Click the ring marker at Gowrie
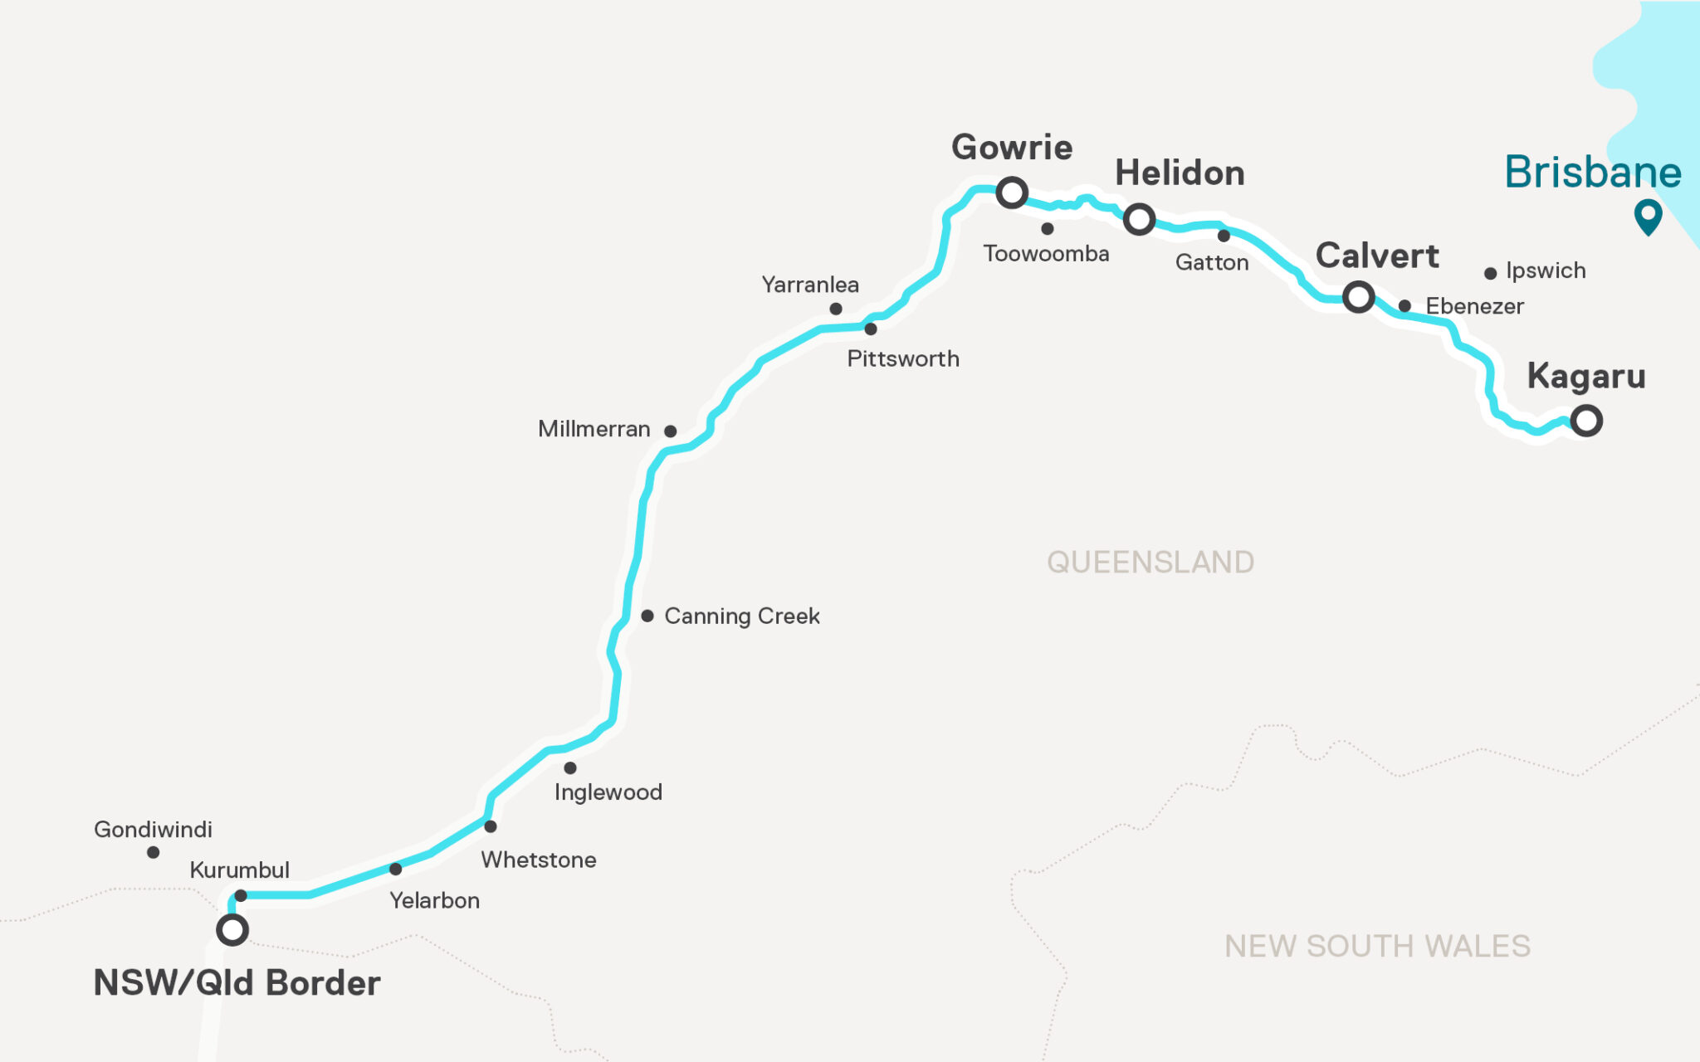(x=1012, y=192)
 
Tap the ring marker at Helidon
(x=1139, y=219)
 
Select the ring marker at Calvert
(x=1358, y=296)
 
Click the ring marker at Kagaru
(x=1586, y=421)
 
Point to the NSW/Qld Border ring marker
(x=232, y=929)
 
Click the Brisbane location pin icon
(x=1648, y=216)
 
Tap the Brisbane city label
(x=1592, y=173)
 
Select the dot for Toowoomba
(x=1048, y=229)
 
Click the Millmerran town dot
(x=671, y=431)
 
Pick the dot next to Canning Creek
(x=647, y=616)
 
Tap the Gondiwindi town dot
(x=153, y=852)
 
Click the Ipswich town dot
(x=1490, y=273)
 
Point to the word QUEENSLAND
(x=1150, y=563)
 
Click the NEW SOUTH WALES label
(x=1377, y=946)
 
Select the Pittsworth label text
(x=903, y=358)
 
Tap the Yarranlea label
(x=810, y=285)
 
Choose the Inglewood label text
(x=608, y=792)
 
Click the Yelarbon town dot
(x=396, y=869)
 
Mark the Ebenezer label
(x=1474, y=306)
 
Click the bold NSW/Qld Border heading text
(x=237, y=983)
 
